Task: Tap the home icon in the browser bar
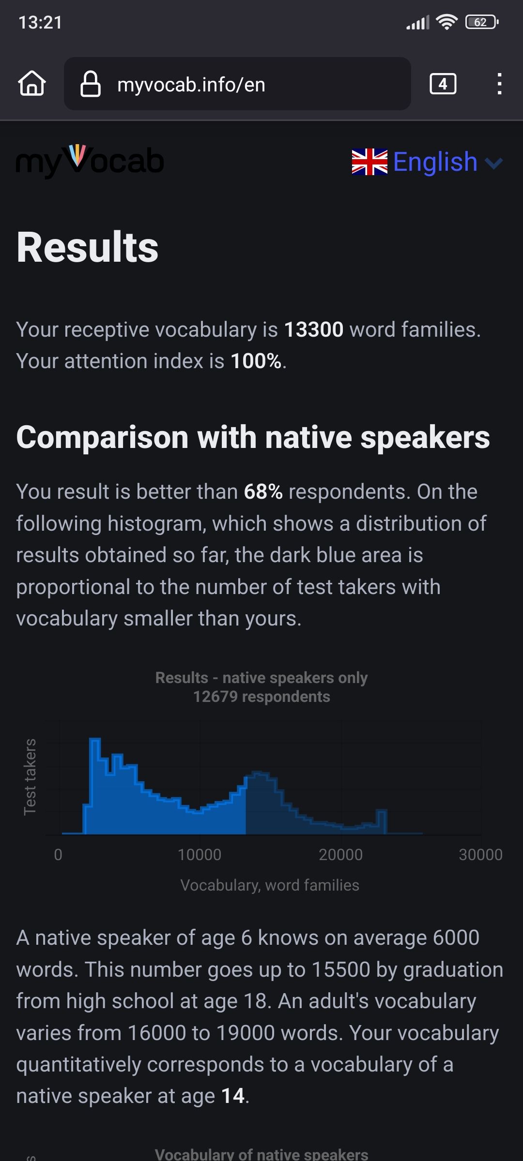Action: point(32,83)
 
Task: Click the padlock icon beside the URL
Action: point(91,84)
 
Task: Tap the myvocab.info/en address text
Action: point(191,85)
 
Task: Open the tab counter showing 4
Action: point(443,84)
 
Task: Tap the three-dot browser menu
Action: point(499,84)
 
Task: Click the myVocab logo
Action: point(90,161)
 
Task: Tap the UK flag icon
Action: point(369,162)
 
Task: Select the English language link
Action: point(435,162)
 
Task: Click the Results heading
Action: point(88,247)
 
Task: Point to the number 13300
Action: point(314,330)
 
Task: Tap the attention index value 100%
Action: point(256,361)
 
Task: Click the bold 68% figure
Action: point(263,492)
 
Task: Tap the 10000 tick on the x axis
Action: point(200,855)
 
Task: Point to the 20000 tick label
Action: point(341,855)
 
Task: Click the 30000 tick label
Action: point(481,855)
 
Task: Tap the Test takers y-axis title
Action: point(30,777)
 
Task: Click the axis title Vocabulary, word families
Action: point(270,885)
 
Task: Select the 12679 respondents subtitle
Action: point(261,697)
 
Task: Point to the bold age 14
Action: point(233,1096)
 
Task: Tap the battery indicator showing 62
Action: point(482,22)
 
